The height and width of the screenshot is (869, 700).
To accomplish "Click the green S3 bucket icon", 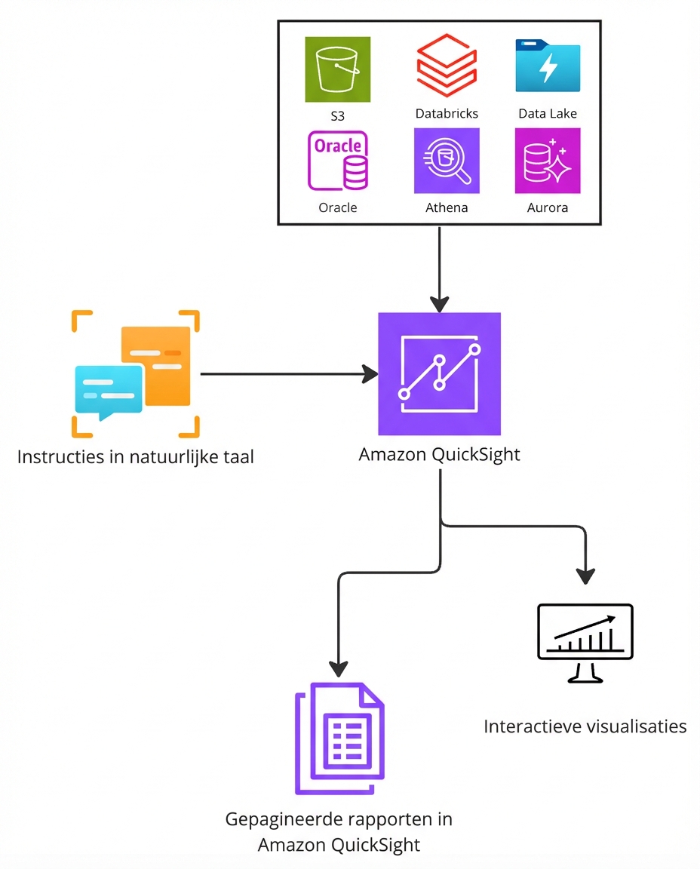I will click(338, 69).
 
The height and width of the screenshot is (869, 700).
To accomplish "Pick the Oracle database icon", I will click(338, 161).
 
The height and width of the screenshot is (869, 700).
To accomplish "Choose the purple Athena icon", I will click(447, 161).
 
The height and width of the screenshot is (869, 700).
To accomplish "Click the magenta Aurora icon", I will click(548, 161).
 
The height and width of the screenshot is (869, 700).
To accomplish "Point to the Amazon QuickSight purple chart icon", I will click(439, 373).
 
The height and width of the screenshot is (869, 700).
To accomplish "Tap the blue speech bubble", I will click(107, 391).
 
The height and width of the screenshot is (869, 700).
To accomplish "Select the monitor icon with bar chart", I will click(585, 642).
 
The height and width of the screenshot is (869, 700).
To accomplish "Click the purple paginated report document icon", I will click(339, 738).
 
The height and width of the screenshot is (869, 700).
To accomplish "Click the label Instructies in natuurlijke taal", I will click(135, 457).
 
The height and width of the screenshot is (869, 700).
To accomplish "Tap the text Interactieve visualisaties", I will click(585, 726).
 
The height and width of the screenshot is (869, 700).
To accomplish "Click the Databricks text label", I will click(447, 114).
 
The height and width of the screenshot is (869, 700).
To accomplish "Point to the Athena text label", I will click(447, 207).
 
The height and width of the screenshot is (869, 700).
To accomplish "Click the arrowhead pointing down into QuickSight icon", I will click(439, 304).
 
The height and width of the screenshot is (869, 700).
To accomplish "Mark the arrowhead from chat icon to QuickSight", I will click(370, 373).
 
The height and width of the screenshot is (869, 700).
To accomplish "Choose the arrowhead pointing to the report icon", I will click(339, 668).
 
